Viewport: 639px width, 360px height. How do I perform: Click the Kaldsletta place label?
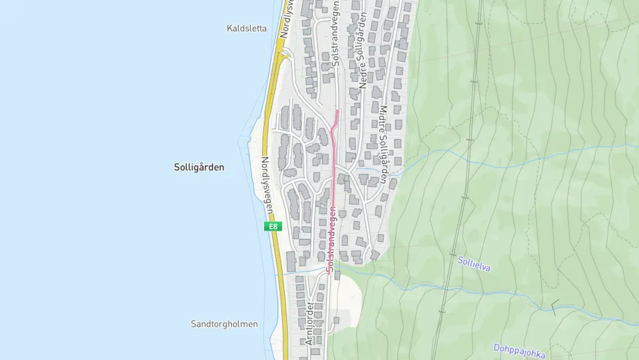(x=247, y=28)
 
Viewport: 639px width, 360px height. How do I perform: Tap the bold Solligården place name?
(x=199, y=167)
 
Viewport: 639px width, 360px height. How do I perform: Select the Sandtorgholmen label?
(x=224, y=325)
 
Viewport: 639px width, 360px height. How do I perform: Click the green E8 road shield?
(x=273, y=227)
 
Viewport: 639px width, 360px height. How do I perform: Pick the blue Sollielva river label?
(x=474, y=264)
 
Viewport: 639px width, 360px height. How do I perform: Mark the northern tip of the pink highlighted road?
(x=338, y=110)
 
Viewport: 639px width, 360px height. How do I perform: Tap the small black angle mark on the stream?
(x=555, y=304)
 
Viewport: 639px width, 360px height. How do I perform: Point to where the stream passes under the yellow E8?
(x=281, y=272)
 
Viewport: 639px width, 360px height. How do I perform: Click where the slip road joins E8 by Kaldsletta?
(x=281, y=52)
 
